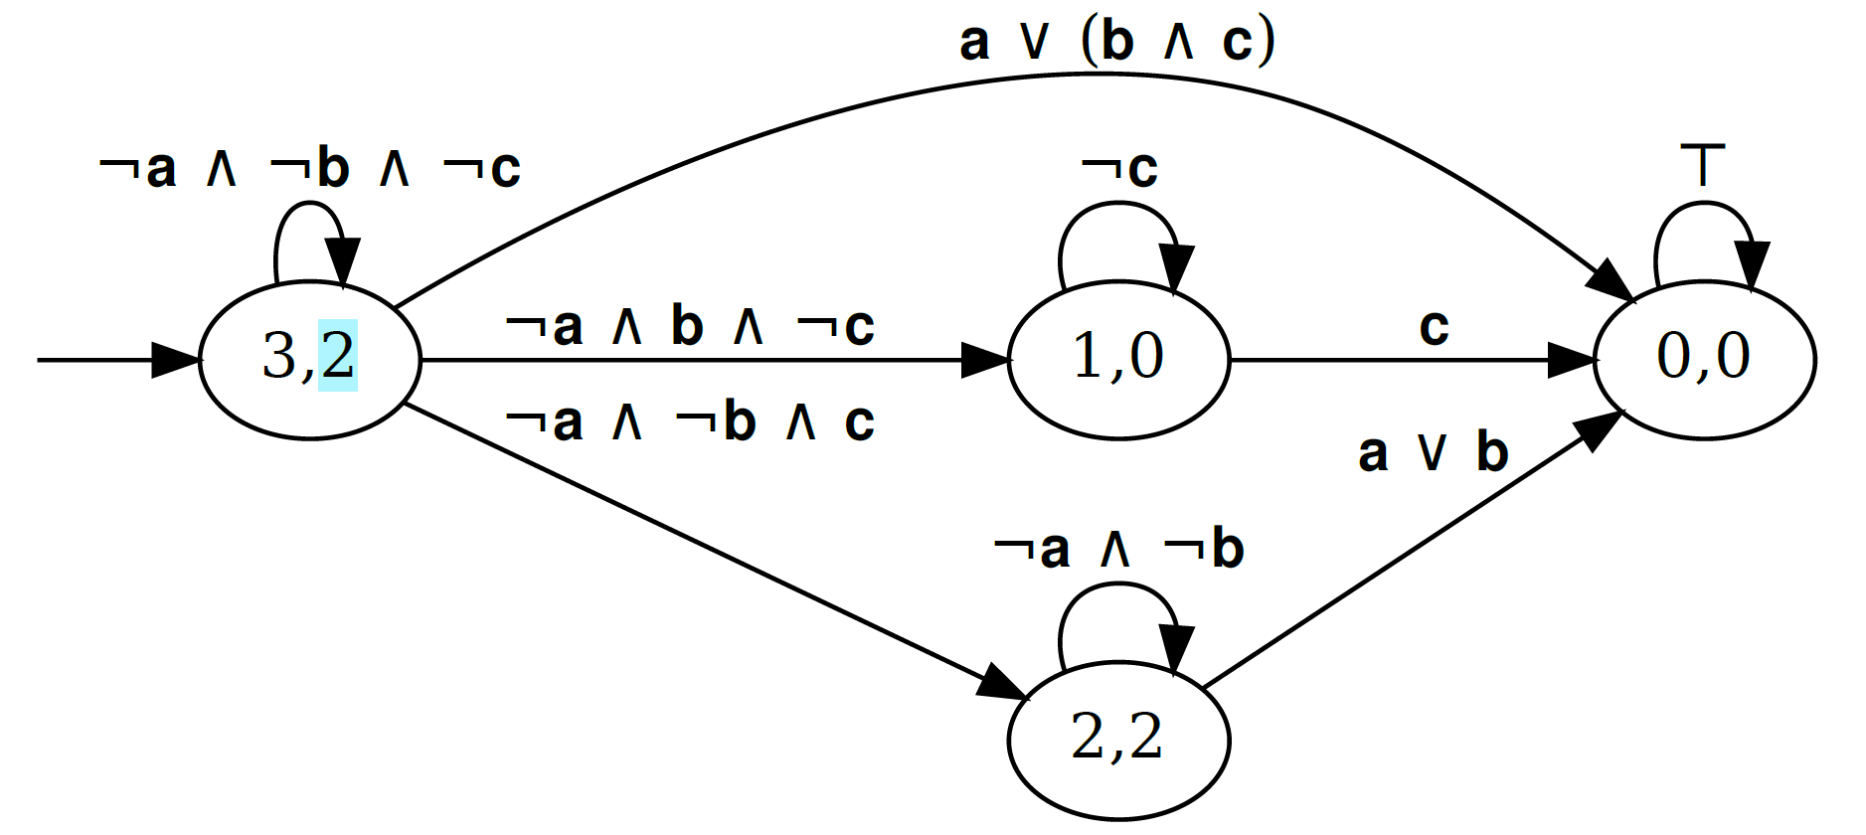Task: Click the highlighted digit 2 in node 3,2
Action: click(x=338, y=355)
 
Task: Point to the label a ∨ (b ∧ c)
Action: click(x=1116, y=42)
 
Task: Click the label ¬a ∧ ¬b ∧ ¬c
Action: click(x=309, y=168)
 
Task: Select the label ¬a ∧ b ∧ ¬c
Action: click(x=689, y=326)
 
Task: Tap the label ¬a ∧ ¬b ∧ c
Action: click(x=689, y=421)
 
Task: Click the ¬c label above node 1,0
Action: click(x=1118, y=168)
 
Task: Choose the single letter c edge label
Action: click(x=1434, y=326)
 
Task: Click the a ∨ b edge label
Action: click(x=1433, y=452)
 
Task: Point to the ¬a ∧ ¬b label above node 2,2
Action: click(x=1118, y=549)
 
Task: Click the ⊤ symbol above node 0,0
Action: click(x=1703, y=165)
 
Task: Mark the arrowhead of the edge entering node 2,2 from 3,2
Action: click(x=1002, y=685)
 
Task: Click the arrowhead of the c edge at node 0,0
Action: click(x=1573, y=360)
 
